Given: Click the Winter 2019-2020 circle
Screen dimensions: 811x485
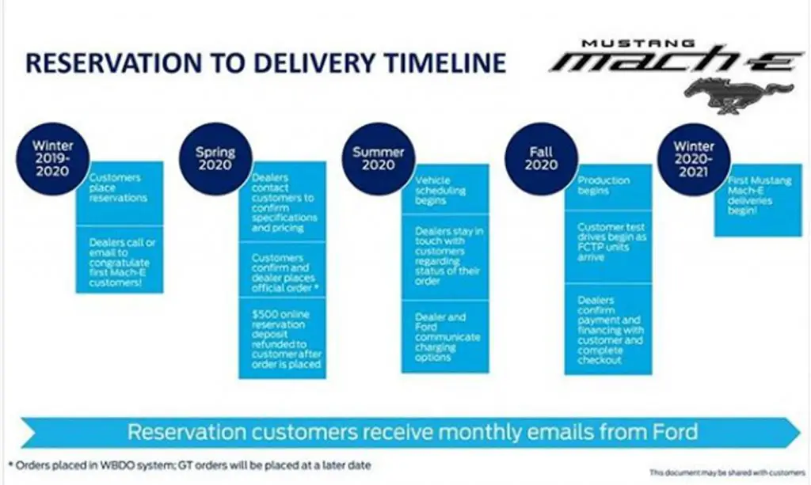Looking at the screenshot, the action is pos(52,158).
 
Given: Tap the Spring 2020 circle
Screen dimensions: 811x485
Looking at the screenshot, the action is pos(215,158).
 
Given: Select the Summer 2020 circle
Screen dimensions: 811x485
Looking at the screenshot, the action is pos(378,158).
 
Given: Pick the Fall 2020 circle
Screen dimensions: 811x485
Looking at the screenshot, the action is pos(541,158).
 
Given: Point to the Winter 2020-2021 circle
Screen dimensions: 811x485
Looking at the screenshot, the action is pos(694,158).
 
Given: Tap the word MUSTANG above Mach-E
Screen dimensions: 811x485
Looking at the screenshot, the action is pos(638,44).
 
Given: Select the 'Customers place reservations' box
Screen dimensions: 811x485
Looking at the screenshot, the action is pos(120,193).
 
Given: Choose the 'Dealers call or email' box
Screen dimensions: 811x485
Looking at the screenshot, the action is pos(120,260).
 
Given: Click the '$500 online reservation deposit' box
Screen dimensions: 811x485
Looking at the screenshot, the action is pos(283,339).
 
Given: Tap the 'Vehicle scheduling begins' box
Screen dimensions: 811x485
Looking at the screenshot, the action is pos(445,188).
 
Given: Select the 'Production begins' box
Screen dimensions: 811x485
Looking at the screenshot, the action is pos(608,187).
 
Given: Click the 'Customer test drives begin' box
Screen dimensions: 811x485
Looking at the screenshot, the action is pos(608,247).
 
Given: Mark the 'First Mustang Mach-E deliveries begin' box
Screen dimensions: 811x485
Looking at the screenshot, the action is pos(758,200).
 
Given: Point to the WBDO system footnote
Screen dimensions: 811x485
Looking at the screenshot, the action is pos(190,465).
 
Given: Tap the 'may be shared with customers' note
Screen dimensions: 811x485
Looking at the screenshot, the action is pos(728,472).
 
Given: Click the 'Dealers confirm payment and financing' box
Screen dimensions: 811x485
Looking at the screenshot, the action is pos(608,329).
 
